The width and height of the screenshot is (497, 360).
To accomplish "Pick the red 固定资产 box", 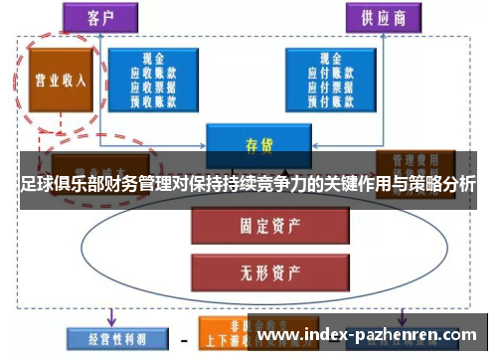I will click(x=248, y=227).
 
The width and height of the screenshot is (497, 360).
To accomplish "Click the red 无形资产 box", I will click(x=248, y=269).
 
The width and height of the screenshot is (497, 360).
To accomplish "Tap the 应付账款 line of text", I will click(x=323, y=72).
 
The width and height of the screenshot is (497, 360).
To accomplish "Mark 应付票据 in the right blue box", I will click(x=323, y=85).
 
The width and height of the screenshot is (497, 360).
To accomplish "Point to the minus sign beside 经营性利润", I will click(x=183, y=339).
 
